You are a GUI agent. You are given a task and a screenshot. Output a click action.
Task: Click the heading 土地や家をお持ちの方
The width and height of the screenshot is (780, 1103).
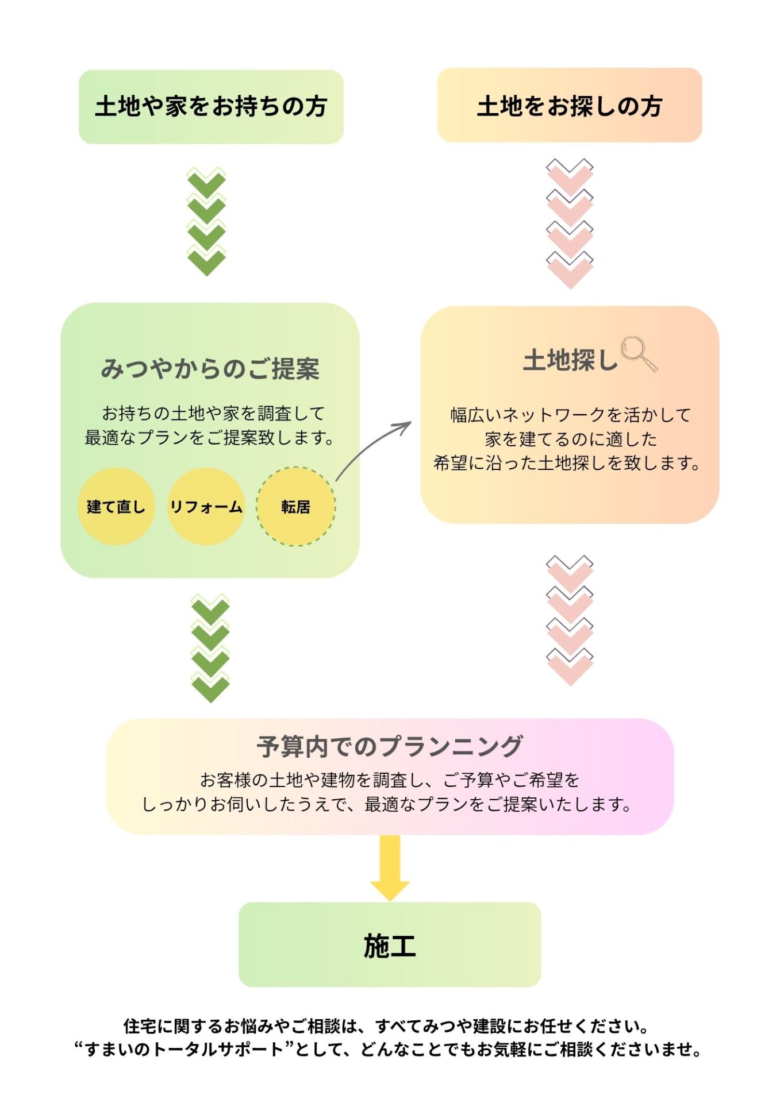point(211,107)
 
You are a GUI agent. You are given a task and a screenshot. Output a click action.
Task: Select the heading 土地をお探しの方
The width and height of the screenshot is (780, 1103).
point(569,106)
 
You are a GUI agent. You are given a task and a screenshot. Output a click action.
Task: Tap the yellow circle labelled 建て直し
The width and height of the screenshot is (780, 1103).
point(116,506)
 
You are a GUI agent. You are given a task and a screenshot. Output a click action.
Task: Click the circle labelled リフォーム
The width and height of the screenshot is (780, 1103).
point(206,506)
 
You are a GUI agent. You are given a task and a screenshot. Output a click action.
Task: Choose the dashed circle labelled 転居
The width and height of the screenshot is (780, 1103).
point(295,506)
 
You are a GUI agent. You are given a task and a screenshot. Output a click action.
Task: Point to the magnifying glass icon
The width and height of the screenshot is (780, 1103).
point(639,353)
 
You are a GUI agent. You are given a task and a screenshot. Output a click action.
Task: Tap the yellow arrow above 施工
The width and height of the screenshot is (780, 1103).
point(390,867)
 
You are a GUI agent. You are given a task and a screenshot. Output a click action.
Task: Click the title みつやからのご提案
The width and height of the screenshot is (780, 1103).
point(210,369)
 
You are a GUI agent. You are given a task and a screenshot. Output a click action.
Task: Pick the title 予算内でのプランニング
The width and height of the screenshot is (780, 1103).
point(390,746)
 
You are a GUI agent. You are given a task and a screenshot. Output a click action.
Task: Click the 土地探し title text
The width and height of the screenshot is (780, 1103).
point(570,361)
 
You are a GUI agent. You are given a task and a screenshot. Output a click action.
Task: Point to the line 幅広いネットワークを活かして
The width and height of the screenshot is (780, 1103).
point(570,415)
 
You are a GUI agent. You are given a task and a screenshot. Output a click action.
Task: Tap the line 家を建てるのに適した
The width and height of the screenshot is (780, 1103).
point(570,439)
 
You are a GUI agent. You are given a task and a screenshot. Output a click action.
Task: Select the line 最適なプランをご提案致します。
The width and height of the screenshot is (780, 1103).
point(210,438)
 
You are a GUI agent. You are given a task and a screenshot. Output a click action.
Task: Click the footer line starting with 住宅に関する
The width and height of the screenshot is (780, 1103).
point(386,1025)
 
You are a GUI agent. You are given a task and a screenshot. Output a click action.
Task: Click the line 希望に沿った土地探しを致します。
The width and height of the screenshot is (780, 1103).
point(567,463)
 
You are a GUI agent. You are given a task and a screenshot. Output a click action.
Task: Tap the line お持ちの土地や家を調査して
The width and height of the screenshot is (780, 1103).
point(213,413)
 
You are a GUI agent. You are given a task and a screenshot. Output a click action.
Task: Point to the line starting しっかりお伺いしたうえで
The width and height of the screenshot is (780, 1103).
point(386,804)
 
